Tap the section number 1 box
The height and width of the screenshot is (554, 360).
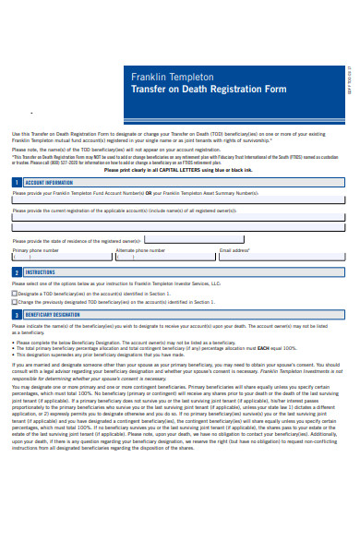click(x=16, y=182)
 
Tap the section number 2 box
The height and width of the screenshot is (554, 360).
click(x=16, y=273)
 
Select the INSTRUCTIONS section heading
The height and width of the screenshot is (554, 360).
click(x=40, y=273)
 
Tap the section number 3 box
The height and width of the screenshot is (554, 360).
click(x=16, y=314)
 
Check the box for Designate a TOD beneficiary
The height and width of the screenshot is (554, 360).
click(x=14, y=293)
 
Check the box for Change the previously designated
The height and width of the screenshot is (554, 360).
click(x=14, y=302)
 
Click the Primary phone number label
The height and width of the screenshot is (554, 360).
click(x=35, y=250)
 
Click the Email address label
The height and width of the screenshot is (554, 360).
click(x=234, y=250)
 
